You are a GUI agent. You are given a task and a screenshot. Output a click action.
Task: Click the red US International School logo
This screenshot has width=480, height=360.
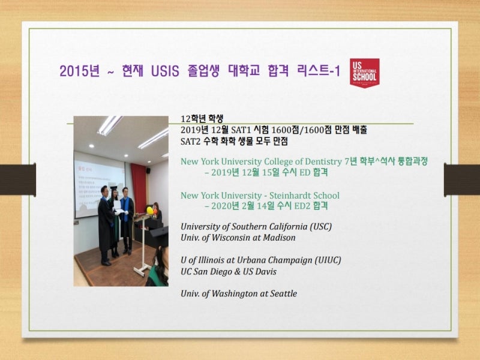coord(364,73)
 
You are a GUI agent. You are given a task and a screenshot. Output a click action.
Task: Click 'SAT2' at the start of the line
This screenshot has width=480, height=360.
coord(190,142)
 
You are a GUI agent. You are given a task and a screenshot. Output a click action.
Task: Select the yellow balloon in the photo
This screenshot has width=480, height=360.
coord(149,210)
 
